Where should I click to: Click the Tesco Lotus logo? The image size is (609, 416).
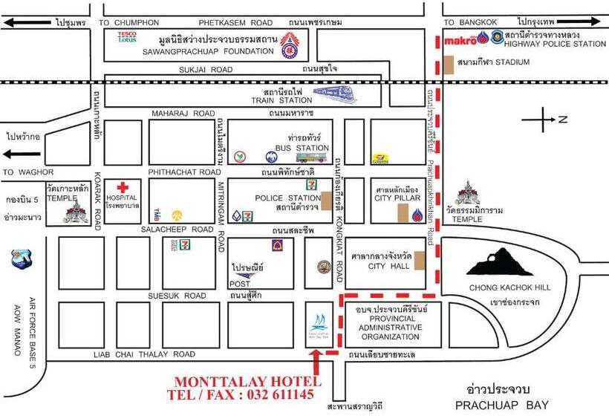point(128,36)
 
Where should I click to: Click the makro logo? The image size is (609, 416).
point(460,41)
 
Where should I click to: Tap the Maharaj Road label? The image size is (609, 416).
point(183,114)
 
